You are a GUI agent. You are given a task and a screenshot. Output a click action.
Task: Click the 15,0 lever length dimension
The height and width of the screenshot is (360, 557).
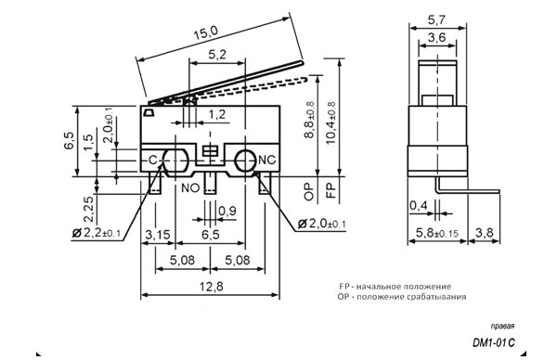[x=205, y=33]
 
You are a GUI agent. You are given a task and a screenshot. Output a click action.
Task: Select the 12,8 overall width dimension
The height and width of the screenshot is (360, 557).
[x=211, y=286]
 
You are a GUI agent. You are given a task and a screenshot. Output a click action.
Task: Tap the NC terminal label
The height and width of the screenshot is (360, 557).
[x=266, y=161]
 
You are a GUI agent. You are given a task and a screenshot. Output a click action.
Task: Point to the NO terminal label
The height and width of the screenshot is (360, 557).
[x=190, y=187]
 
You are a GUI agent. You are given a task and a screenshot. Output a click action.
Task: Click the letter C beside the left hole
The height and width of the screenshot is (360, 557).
[x=152, y=161]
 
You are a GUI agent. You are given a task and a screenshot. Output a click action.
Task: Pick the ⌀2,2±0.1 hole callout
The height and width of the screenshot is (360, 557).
[x=97, y=233]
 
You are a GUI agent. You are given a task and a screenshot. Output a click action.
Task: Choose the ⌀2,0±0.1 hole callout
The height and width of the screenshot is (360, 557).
[x=321, y=224]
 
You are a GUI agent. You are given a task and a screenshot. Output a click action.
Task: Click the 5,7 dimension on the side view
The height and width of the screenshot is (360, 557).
[x=436, y=19]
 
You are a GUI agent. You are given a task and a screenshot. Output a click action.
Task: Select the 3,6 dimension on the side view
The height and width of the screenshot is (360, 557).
[x=437, y=37]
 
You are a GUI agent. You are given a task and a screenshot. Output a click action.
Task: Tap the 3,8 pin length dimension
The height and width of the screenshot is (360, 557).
[x=485, y=233]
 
